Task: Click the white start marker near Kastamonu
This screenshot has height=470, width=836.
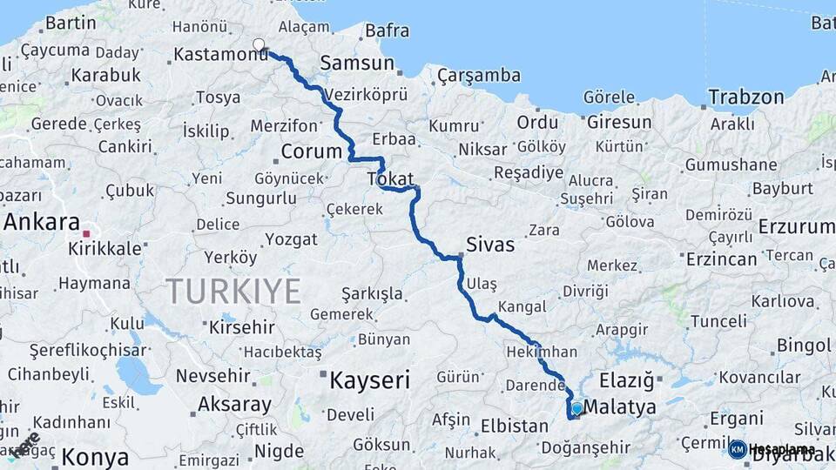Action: (259, 44)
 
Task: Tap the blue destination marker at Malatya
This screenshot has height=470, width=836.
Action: (576, 408)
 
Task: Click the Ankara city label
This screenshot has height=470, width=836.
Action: (42, 222)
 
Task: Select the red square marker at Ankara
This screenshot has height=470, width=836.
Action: (85, 233)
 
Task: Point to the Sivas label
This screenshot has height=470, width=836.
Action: (490, 245)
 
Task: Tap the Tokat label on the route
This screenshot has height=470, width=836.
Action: (391, 178)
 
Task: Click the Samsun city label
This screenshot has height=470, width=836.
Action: (357, 64)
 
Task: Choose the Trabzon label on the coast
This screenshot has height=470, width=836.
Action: (746, 97)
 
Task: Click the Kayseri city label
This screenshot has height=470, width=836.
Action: (369, 379)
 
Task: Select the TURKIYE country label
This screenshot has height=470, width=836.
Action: (233, 290)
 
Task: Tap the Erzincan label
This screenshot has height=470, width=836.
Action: (722, 259)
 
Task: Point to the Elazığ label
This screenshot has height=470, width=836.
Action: (627, 380)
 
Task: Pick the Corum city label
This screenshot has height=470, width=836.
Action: (312, 151)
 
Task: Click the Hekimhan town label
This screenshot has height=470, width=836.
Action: (541, 352)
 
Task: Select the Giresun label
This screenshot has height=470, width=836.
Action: (619, 123)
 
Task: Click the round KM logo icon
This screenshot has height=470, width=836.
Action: (738, 449)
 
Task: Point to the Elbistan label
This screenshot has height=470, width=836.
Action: (515, 426)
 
